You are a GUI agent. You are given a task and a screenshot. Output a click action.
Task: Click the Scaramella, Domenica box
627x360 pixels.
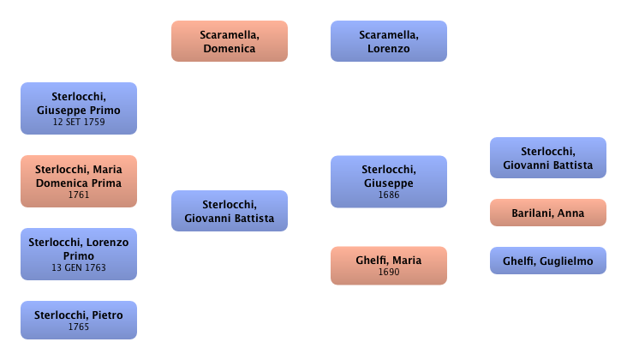coord(229,42)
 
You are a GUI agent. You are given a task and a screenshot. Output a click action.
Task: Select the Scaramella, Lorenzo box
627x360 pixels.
coord(388,42)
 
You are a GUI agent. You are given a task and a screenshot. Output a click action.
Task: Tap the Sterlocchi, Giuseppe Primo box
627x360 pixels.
coord(78,109)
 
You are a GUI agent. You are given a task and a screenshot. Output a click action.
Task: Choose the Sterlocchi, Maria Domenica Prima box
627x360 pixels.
coord(78,181)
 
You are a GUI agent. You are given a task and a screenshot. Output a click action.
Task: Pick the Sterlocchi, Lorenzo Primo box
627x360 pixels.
coord(78,254)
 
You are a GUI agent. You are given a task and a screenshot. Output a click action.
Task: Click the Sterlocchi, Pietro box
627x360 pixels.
coord(78,321)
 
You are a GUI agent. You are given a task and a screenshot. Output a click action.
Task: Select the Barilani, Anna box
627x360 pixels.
coord(547,213)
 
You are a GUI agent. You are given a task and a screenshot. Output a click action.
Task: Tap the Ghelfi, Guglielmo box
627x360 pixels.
coord(547,260)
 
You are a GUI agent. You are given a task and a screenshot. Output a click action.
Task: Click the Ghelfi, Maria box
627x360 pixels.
coord(388,265)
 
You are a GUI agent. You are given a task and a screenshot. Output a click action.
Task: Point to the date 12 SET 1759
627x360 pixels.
coord(78,123)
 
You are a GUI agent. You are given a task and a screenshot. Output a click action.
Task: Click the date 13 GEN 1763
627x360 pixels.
coord(78,267)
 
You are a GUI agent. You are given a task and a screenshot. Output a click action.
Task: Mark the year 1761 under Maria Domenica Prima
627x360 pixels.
coord(78,195)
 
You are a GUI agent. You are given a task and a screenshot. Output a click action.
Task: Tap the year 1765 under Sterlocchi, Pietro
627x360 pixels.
coord(78,327)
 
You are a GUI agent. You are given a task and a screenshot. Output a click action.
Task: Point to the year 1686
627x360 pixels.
coord(388,195)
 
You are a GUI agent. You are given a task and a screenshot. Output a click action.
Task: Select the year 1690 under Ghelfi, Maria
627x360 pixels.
coord(388,272)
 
